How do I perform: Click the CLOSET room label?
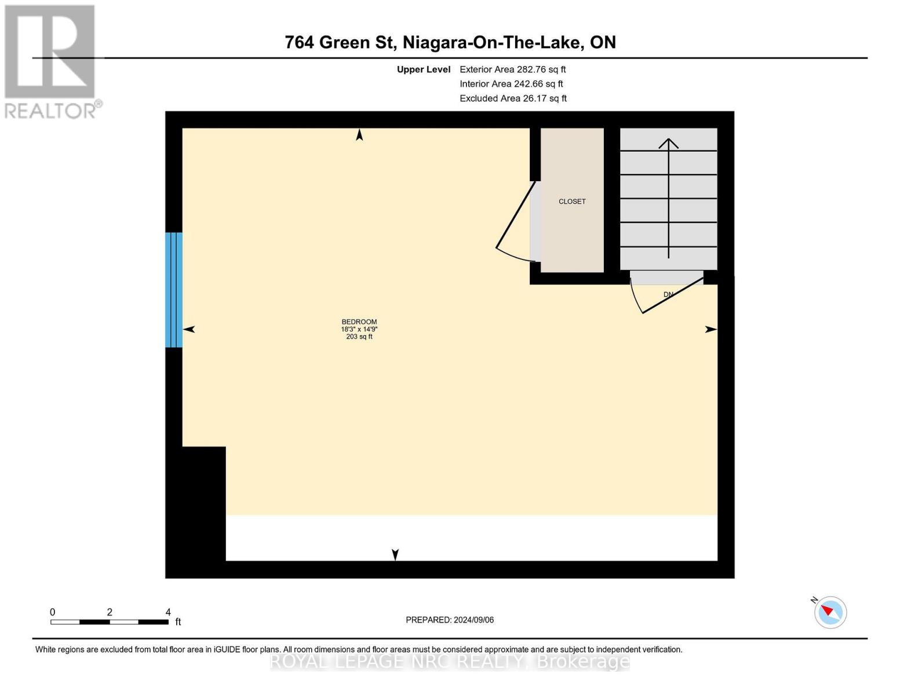[x=572, y=202]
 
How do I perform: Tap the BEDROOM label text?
[x=359, y=322]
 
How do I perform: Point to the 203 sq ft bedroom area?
[x=359, y=336]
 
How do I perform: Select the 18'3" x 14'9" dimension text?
[x=359, y=329]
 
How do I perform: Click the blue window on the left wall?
[x=174, y=290]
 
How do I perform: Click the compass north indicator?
[x=830, y=612]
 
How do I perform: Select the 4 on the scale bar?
[x=168, y=612]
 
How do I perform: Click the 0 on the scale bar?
[x=53, y=612]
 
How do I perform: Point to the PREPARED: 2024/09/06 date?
[x=450, y=620]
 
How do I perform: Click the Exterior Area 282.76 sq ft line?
[x=512, y=69]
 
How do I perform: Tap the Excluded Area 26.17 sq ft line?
[x=513, y=98]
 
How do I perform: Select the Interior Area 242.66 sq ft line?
[x=511, y=84]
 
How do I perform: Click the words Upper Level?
[x=424, y=69]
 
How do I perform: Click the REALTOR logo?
[x=51, y=61]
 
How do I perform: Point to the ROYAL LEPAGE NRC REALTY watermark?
[x=450, y=661]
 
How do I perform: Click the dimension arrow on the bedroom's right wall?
[x=711, y=330]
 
